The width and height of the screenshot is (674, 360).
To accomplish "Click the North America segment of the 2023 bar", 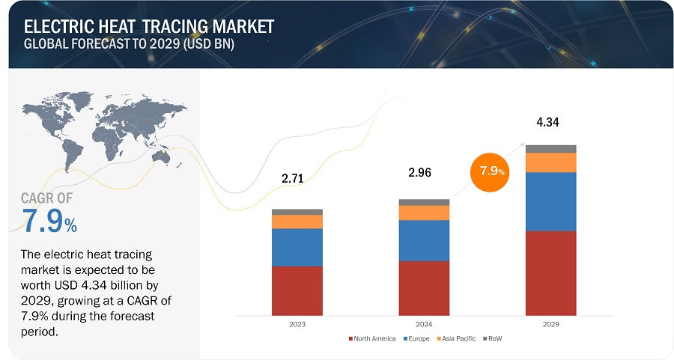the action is pyautogui.click(x=297, y=291).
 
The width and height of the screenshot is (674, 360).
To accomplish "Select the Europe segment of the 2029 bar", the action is pyautogui.click(x=550, y=202).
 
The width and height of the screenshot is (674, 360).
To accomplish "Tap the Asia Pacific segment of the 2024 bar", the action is pyautogui.click(x=424, y=213).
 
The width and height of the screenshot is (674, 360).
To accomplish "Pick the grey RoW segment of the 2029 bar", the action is pyautogui.click(x=550, y=149).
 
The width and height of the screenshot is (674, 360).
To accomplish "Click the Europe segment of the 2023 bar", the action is pyautogui.click(x=297, y=248).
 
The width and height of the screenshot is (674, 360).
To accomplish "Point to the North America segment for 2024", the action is pyautogui.click(x=424, y=288).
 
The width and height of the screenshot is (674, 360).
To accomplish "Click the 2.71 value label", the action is pyautogui.click(x=293, y=178).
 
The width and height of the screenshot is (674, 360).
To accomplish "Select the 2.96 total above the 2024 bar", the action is pyautogui.click(x=419, y=172).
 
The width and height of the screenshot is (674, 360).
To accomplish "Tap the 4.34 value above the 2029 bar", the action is pyautogui.click(x=547, y=122).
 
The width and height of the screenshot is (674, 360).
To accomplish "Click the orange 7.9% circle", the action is pyautogui.click(x=490, y=172).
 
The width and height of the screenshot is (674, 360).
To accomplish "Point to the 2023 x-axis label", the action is pyautogui.click(x=297, y=324).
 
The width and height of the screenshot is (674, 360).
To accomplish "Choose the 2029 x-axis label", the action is pyautogui.click(x=550, y=324).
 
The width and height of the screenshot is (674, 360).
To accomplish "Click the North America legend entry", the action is pyautogui.click(x=372, y=338).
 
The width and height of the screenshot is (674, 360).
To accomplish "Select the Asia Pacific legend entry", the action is pyautogui.click(x=456, y=338).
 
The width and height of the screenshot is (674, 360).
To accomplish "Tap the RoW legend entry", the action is pyautogui.click(x=492, y=338).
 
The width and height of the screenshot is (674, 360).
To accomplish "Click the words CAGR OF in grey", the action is pyautogui.click(x=47, y=198).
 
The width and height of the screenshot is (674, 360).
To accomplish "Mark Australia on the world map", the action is pyautogui.click(x=162, y=158).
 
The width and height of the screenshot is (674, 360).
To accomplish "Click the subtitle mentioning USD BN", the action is pyautogui.click(x=129, y=44).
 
